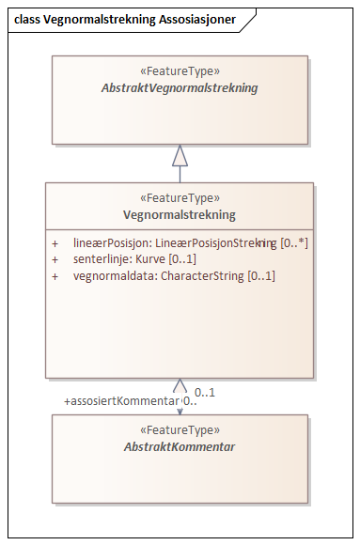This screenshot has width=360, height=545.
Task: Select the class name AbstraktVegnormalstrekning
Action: (180, 87)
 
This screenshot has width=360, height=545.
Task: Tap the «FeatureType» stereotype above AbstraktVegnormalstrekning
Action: (180, 71)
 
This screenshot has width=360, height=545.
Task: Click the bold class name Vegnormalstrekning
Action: (180, 214)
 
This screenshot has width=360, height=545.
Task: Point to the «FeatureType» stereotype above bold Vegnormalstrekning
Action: (180, 198)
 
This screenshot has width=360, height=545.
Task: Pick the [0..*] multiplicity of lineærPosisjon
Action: (294, 242)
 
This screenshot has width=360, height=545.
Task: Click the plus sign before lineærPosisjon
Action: (55, 242)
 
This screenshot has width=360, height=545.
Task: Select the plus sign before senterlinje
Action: (55, 259)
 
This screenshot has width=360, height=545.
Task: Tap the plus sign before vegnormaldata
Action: (55, 276)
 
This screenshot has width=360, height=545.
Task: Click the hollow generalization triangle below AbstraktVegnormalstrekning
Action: (180, 155)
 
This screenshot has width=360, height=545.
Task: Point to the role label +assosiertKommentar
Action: (120, 401)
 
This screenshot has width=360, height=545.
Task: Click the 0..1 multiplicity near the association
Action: (205, 392)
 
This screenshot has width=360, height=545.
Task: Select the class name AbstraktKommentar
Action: (180, 446)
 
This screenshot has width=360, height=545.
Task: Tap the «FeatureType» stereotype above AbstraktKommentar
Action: (180, 430)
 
